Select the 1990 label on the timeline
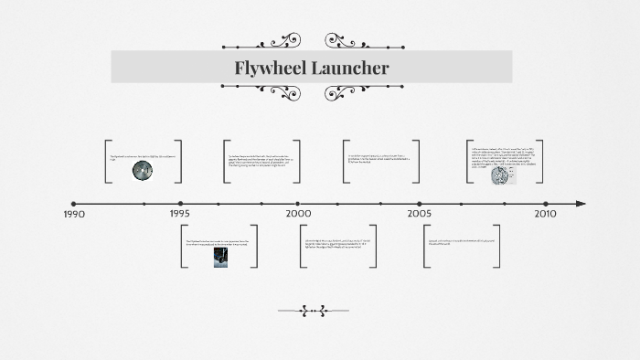74,214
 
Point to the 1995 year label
180,214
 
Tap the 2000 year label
298,214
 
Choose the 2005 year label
420,214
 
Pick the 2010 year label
545,214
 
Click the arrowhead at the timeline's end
581,204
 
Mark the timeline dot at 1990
74,204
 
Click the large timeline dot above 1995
180,204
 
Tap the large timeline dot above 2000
298,204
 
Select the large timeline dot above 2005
420,204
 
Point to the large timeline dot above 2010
545,204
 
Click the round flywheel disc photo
143,170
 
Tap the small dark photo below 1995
221,258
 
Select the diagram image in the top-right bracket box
504,174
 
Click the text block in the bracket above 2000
262,161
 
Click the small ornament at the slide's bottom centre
313,311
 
